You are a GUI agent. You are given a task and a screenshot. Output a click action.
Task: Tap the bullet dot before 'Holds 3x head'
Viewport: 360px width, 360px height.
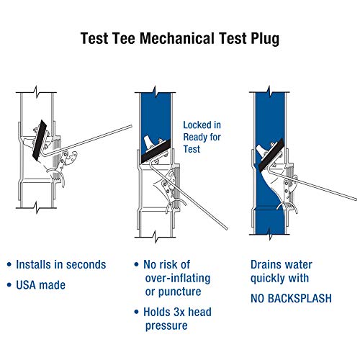coord(138,312)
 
